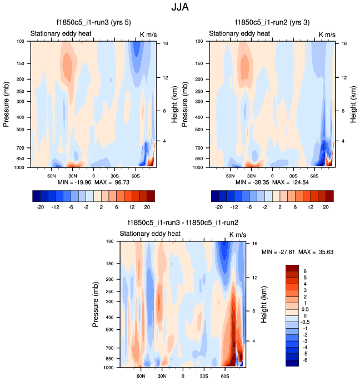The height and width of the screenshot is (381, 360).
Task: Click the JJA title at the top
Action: (x=180, y=8)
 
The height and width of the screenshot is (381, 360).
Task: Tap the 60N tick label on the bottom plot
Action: (x=141, y=376)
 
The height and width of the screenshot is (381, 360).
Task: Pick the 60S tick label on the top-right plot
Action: (x=314, y=175)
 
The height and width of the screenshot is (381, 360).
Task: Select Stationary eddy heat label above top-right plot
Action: (x=239, y=34)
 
